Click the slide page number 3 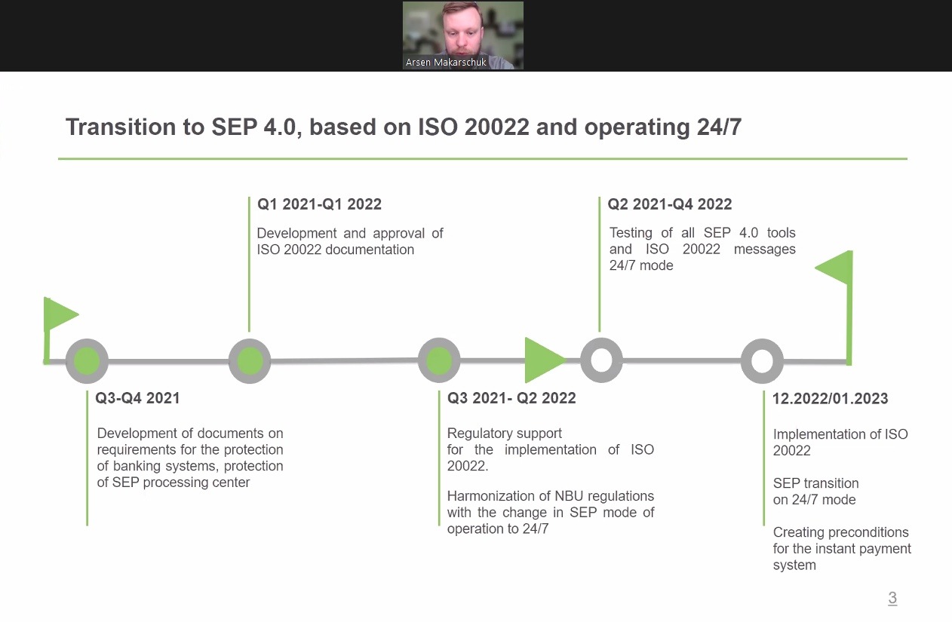892,598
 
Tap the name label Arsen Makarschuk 446,63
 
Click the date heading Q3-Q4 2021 137,398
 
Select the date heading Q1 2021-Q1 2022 319,204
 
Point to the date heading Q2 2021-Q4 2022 669,204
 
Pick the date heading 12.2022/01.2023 830,399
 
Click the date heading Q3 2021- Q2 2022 511,398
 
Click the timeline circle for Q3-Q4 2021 87,361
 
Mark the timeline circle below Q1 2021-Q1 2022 250,361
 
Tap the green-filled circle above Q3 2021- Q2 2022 439,360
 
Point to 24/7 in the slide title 719,127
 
